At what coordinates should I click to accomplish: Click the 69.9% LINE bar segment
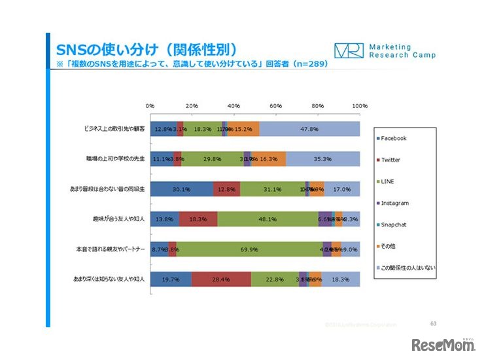pyautogui.click(x=249, y=249)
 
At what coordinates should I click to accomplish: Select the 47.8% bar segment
pyautogui.click(x=309, y=129)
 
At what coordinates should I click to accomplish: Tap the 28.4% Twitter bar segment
pyautogui.click(x=221, y=279)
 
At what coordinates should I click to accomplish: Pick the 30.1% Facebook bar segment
pyautogui.click(x=182, y=189)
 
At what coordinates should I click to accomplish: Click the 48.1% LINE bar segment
pyautogui.click(x=268, y=219)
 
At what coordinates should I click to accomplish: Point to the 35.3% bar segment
pyautogui.click(x=322, y=159)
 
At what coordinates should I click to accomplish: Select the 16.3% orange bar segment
pyautogui.click(x=269, y=159)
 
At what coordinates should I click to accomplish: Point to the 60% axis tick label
pyautogui.click(x=275, y=105)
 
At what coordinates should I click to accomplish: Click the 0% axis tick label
pyautogui.click(x=150, y=105)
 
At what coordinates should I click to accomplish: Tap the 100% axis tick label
pyautogui.click(x=359, y=105)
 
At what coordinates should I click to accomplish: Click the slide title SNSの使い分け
pyautogui.click(x=145, y=50)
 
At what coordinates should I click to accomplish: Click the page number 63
pyautogui.click(x=433, y=323)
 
